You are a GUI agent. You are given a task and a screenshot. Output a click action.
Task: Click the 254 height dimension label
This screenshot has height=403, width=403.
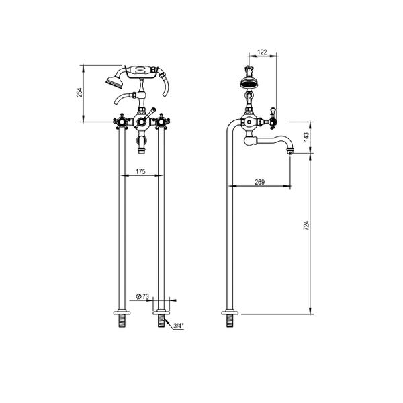coord(79,92)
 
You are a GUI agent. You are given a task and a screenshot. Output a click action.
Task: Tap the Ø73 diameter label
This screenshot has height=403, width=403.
coord(143,296)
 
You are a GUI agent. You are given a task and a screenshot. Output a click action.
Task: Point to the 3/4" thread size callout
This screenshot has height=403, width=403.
coord(178,326)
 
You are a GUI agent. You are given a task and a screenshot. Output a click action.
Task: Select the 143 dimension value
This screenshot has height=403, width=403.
coord(306,137)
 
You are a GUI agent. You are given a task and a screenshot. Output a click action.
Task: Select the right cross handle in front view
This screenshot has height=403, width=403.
coord(161,122)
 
